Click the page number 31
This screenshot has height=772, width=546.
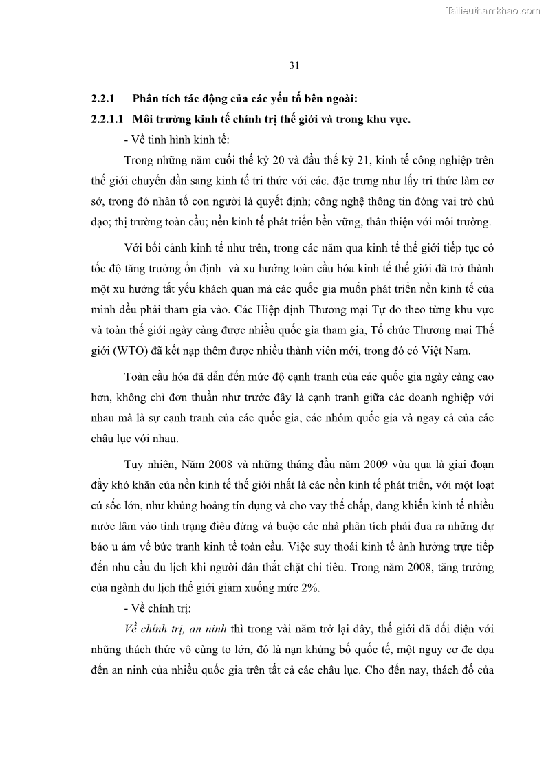pyautogui.click(x=294, y=66)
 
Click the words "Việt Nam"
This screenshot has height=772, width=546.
pyautogui.click(x=448, y=351)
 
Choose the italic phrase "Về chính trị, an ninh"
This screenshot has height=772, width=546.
pyautogui.click(x=176, y=629)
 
